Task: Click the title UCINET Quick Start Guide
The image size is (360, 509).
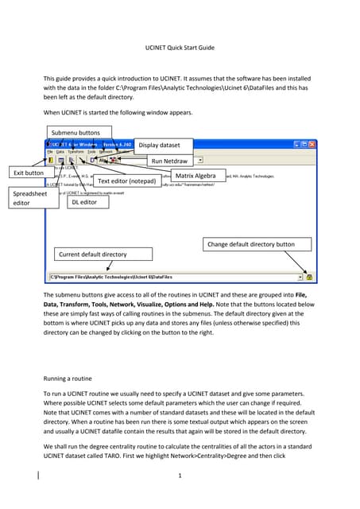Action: pos(180,48)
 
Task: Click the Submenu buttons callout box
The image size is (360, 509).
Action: pos(77,132)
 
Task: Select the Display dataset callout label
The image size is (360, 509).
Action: pos(165,146)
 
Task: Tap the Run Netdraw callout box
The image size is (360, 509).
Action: pos(172,161)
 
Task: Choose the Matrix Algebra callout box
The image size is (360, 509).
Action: pos(195,175)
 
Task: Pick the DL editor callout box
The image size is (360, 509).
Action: pos(82,202)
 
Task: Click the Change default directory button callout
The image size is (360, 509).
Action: pos(251,244)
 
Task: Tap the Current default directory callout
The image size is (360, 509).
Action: pos(93,254)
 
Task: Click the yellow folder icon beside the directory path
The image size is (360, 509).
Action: pos(309,277)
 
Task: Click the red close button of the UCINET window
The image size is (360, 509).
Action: pos(312,146)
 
